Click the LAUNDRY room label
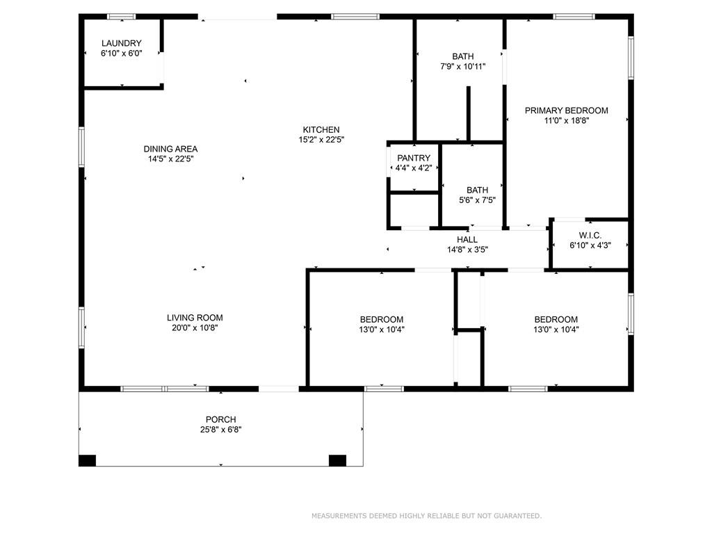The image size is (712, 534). click(x=121, y=43)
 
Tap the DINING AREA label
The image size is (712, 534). click(x=171, y=149)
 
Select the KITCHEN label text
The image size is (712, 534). click(x=321, y=130)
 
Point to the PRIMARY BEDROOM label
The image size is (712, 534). click(x=566, y=111)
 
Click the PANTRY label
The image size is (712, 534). click(x=414, y=158)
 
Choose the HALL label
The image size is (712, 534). click(x=467, y=240)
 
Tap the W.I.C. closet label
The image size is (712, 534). click(x=590, y=235)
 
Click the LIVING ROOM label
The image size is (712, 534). click(x=195, y=318)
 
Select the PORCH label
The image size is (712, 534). click(x=220, y=419)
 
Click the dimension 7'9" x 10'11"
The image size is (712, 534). click(x=462, y=67)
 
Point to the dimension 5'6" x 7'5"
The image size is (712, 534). click(x=477, y=200)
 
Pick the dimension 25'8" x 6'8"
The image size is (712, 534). click(x=220, y=430)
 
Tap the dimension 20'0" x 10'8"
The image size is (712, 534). click(x=195, y=328)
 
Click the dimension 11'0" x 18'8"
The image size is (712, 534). click(x=566, y=121)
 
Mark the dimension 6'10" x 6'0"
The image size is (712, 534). click(x=121, y=53)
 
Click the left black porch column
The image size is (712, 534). click(x=87, y=460)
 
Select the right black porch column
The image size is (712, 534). click(x=337, y=460)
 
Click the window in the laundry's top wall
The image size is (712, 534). click(x=122, y=17)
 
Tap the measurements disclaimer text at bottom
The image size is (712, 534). click(x=426, y=516)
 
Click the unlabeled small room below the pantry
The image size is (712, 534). click(x=414, y=209)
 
